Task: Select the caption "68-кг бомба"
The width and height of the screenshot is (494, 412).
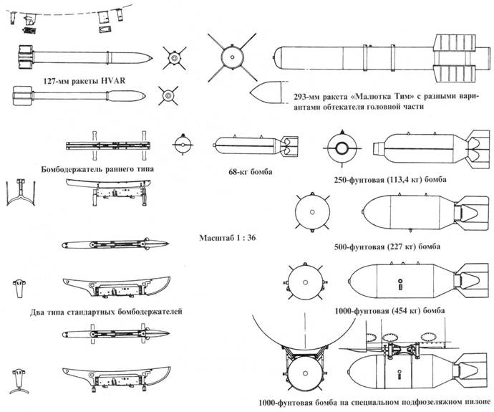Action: click(x=247, y=172)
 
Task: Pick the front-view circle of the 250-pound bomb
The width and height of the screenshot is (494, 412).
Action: click(x=341, y=148)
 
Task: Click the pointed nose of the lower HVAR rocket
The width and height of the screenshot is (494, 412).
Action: click(x=147, y=95)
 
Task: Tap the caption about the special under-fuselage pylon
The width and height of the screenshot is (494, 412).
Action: click(x=376, y=402)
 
